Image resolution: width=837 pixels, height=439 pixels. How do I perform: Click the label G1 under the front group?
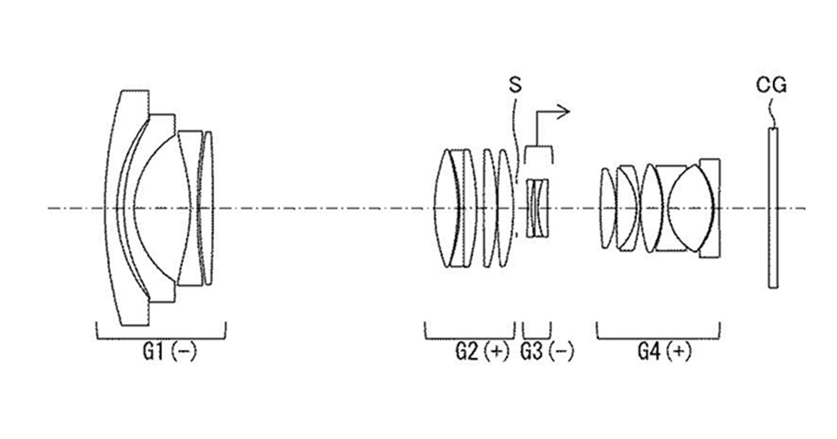[x=153, y=352]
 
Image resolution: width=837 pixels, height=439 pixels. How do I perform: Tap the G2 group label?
[x=467, y=352]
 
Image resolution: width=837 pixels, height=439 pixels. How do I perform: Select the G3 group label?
[x=531, y=352]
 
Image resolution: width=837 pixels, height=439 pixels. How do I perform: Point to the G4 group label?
[x=649, y=352]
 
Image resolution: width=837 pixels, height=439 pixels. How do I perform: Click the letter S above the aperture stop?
[x=515, y=85]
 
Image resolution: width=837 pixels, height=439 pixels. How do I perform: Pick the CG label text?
[x=772, y=85]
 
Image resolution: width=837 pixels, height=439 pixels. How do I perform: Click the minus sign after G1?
[x=183, y=352]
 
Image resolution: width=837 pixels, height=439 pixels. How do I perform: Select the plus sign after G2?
[x=497, y=352]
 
